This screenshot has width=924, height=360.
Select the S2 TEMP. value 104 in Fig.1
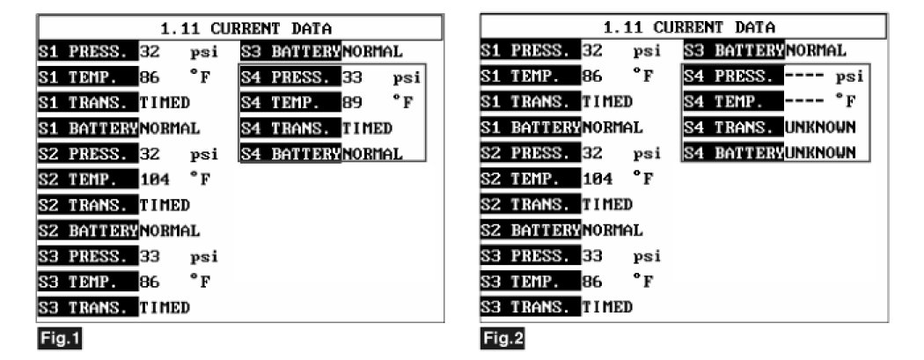point(155,180)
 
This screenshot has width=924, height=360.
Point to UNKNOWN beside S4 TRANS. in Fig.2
point(820,128)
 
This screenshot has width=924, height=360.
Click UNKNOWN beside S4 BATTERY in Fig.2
point(820,153)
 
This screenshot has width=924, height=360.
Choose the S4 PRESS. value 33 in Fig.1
point(352,77)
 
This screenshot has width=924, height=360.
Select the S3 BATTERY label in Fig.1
point(290,51)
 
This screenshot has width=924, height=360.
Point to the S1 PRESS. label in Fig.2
point(528,51)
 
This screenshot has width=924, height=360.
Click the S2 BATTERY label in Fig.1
point(88,231)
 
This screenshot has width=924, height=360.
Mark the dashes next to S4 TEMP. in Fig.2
point(803,102)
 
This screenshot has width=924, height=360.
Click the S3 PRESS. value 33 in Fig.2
point(592,256)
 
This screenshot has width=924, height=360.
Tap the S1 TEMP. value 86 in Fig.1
point(150,77)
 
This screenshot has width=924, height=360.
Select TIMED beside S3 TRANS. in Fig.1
point(165,307)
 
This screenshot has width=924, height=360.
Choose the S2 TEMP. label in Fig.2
point(528,180)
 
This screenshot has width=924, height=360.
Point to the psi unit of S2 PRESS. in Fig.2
point(647,154)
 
